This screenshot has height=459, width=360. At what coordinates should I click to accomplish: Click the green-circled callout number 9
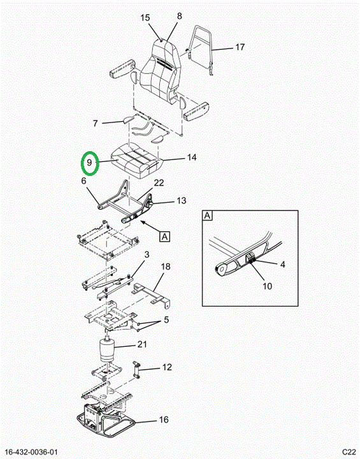coord(90,163)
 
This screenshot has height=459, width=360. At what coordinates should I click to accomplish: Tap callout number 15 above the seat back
coord(145,18)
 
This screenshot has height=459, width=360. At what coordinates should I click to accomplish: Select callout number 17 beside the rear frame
coord(240,47)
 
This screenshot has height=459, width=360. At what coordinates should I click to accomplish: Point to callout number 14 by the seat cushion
coord(192,157)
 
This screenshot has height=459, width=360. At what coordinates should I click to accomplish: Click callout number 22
coord(159,183)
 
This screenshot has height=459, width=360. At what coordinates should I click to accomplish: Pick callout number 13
coord(182,201)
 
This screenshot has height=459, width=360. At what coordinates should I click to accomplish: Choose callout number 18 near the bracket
coord(166,266)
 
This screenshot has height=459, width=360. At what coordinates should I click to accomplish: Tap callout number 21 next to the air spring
coord(142,344)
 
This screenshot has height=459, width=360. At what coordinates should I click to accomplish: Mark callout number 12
coord(167,367)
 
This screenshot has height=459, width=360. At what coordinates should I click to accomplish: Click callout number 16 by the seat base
coord(164,419)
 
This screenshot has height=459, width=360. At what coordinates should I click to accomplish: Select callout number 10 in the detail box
coord(267,286)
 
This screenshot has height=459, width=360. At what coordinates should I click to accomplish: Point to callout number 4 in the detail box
coord(282,265)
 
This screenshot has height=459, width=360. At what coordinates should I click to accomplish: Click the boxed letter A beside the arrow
coord(165,237)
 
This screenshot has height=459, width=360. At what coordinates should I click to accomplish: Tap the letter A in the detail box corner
coord(208,216)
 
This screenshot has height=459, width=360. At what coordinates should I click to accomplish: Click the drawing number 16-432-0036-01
coord(32,452)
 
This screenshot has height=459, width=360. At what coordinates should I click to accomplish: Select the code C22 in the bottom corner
coord(349,452)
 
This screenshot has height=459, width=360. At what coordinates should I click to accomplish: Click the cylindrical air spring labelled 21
coord(107,351)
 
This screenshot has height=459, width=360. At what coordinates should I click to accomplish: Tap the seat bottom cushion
coord(136,161)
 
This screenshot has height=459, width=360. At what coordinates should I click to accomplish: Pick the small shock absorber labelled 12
coord(136,370)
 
